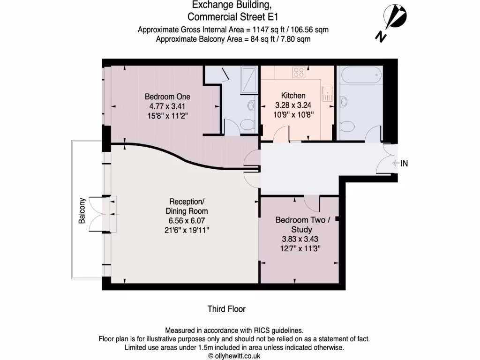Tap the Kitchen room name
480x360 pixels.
coord(293,96)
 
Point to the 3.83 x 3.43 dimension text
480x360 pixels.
coord(300,239)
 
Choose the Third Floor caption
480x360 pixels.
coord(226,309)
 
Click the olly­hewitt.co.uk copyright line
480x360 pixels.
coord(234,356)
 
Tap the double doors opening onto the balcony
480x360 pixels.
coord(103,213)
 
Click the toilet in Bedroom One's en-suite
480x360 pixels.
coord(245,123)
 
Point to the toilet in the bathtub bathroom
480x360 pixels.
coord(347,126)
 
